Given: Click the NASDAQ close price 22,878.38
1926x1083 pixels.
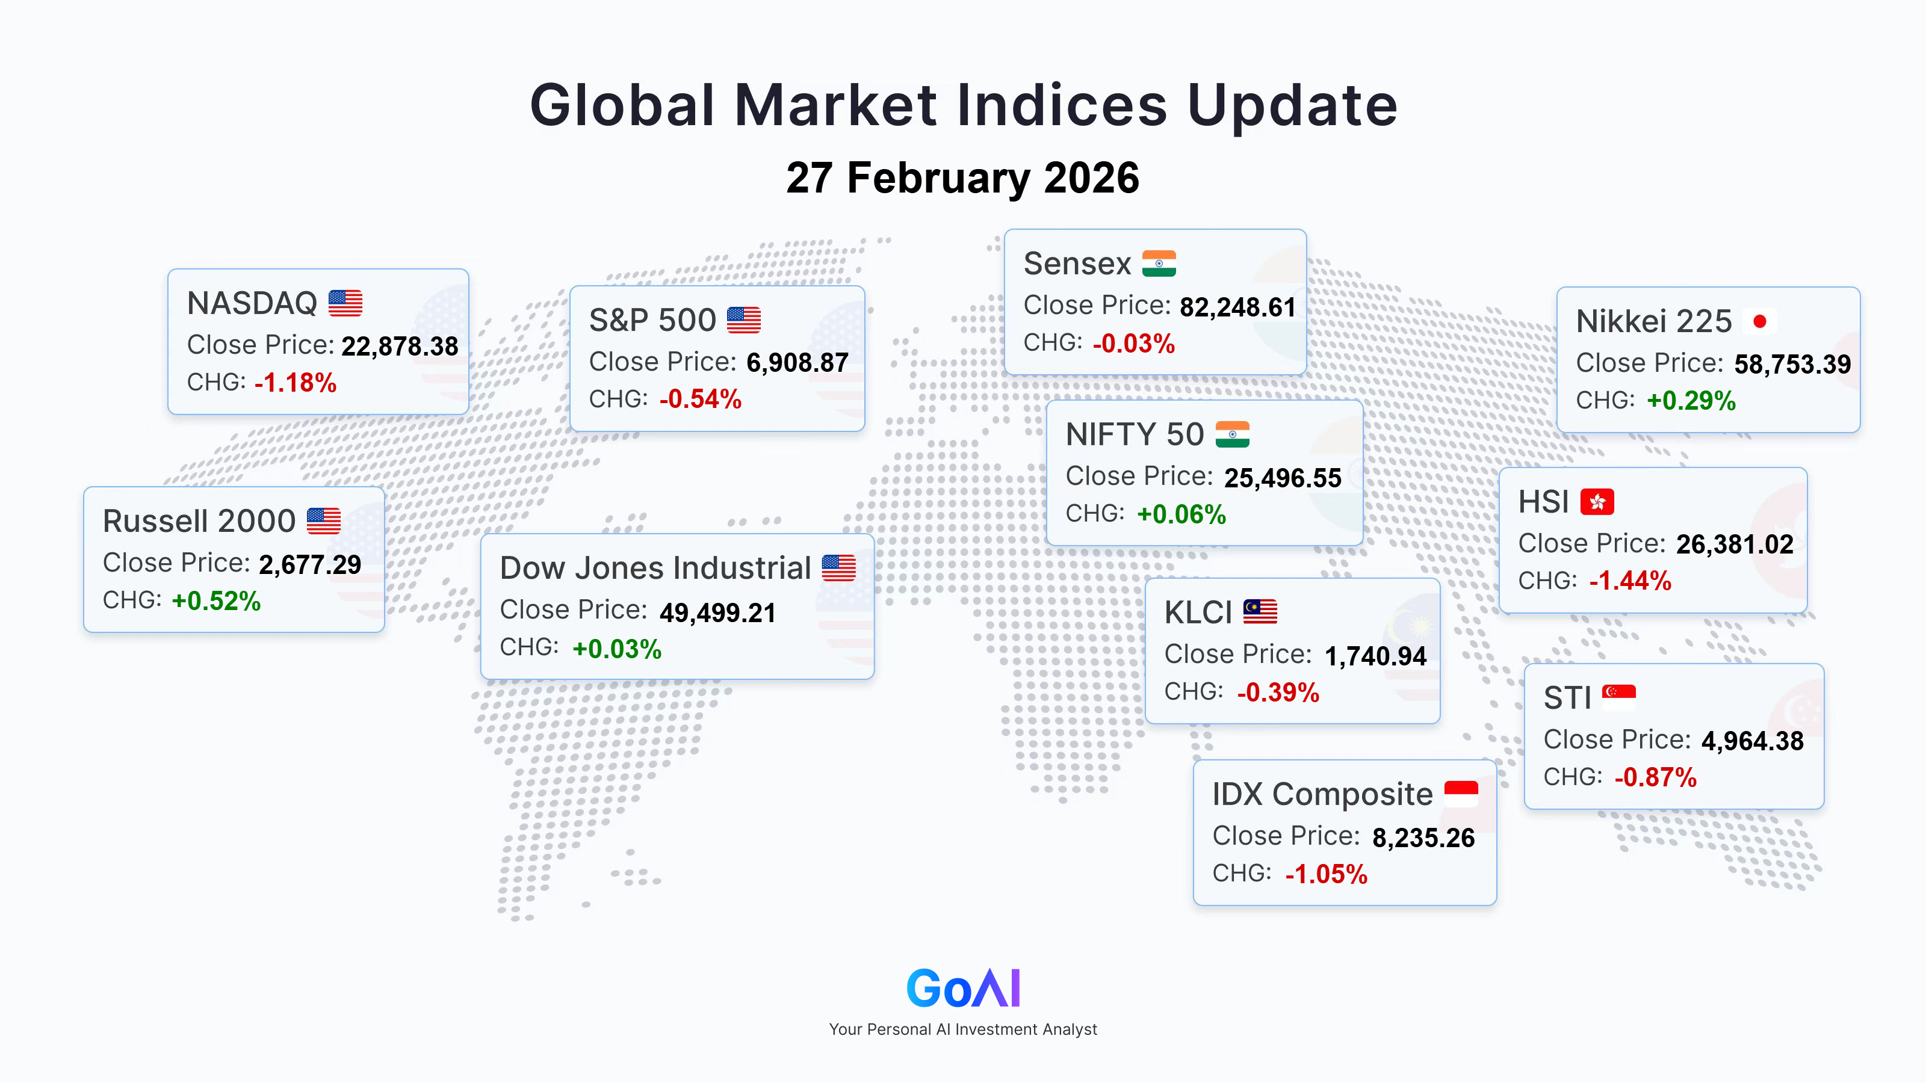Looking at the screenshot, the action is point(400,347).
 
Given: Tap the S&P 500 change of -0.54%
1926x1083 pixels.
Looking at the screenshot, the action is point(701,399).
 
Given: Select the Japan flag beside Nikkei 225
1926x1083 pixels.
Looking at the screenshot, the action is point(1759,321).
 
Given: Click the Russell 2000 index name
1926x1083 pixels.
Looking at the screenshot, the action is point(199,521).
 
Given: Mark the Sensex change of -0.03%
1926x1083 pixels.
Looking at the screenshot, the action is point(1133,344).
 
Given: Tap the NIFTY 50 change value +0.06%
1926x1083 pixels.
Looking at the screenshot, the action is point(1181,514).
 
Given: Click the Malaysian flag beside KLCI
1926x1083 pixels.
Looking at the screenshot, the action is point(1260,611).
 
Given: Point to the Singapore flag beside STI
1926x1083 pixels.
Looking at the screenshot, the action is point(1618,697).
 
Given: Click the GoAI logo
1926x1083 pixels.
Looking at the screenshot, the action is point(963,988).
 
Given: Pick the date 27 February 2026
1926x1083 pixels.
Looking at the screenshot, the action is point(963,178).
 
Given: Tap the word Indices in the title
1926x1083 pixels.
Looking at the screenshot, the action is point(1062,105).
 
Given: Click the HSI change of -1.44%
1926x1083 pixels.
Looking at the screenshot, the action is point(1630,581).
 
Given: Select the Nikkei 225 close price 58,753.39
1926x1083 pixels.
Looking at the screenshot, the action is point(1792,365).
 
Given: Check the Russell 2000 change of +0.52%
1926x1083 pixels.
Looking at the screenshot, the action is point(216,601).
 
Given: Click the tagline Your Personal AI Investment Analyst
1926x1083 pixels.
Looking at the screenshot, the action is point(963,1029).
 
